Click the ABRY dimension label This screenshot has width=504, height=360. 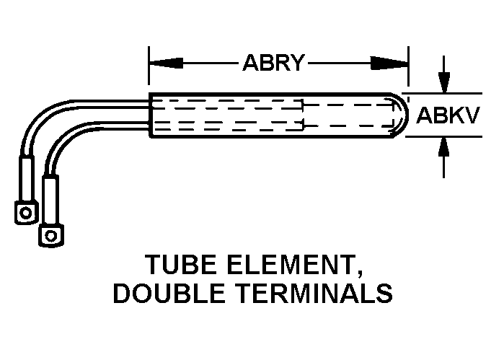coord(273,63)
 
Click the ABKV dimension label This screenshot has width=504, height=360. coord(448,115)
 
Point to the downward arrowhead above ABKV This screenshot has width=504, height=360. coord(445,83)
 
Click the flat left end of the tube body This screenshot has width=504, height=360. coord(149,115)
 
